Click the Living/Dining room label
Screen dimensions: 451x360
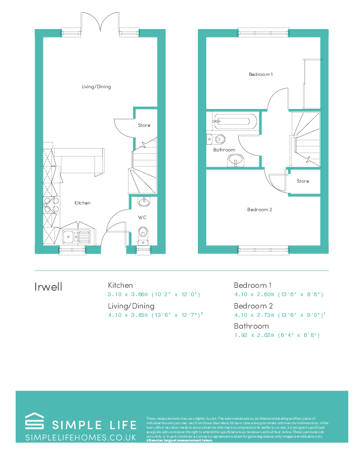tap(96, 87)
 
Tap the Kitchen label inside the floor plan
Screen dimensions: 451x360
tap(82, 203)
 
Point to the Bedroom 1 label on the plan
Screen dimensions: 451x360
tap(260, 74)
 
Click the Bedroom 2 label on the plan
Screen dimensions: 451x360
tap(259, 210)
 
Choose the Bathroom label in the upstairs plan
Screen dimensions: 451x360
tap(224, 150)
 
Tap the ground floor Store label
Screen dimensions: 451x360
tap(144, 125)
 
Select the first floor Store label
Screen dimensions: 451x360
tap(302, 181)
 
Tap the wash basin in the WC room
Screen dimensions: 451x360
tap(144, 201)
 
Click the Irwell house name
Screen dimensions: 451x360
tap(49, 287)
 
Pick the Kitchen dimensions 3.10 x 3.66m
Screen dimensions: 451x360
tap(154, 294)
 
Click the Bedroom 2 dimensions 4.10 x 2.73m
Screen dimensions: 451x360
tap(278, 315)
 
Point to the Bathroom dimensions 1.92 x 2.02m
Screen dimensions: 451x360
tap(276, 335)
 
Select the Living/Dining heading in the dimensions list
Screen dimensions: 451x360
tap(131, 306)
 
